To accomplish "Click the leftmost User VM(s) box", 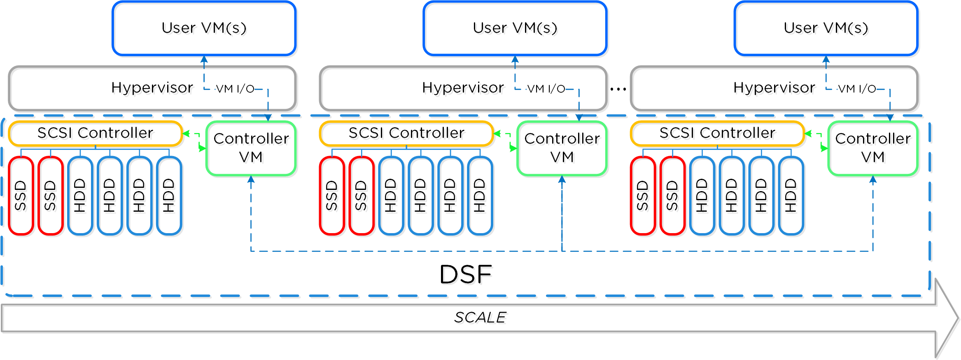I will point(204,28).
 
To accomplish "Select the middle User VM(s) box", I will point(515,28).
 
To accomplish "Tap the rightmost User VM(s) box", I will point(826,28).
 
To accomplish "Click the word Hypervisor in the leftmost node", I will point(152,88).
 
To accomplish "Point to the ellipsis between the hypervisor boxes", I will point(618,89).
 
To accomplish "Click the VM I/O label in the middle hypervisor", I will point(546,89).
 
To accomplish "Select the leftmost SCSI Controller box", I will point(95,133).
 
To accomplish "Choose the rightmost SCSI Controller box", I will point(717,133).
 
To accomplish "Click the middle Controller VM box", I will point(562,148).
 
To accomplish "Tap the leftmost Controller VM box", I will point(251,148).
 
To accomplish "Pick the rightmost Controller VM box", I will point(873,148).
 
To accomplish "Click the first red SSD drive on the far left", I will point(21,196).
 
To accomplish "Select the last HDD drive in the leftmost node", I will point(169,196).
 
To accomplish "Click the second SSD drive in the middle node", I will point(361,196).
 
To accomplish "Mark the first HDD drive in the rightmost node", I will point(702,196).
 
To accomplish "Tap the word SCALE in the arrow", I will point(480,318).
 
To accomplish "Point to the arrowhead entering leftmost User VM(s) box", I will point(204,59).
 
